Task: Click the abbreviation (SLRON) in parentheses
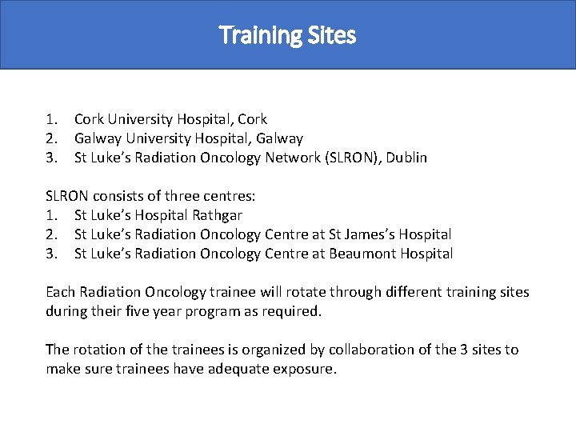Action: click(x=354, y=158)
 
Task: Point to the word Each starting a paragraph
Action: click(x=60, y=292)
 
